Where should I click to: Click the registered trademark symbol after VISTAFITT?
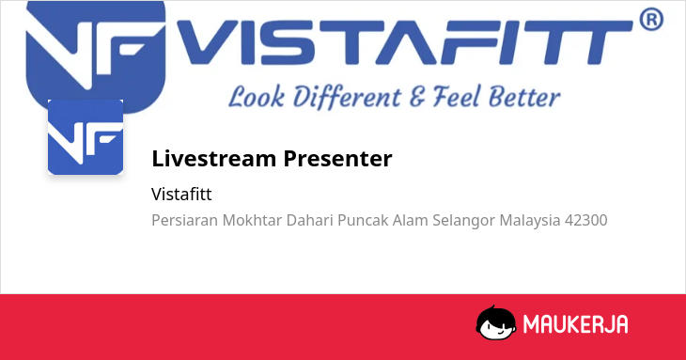pos(651,19)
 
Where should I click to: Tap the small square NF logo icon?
pos(86,137)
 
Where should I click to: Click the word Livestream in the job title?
pos(213,158)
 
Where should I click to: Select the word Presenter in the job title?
pos(337,159)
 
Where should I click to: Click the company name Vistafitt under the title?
pos(181,195)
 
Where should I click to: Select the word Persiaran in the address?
pos(184,220)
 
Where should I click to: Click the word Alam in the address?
pos(410,220)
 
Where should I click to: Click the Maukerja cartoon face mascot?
pos(495,322)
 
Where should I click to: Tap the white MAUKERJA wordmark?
pos(576,324)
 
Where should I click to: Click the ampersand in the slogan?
pos(417,97)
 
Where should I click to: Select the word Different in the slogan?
pos(347,97)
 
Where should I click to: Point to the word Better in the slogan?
pos(524,97)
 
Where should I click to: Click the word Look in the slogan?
pos(257,97)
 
